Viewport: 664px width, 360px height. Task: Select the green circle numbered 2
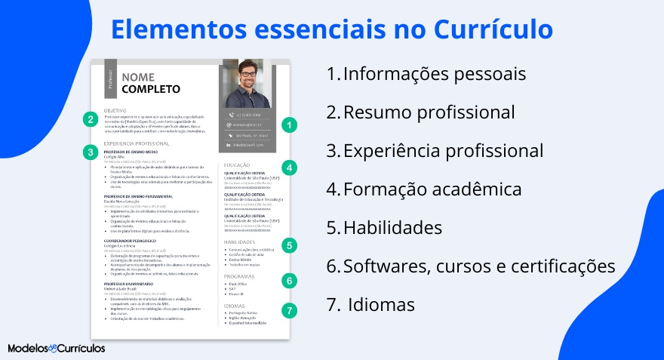tap(90, 118)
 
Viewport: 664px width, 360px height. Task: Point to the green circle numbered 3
tap(90, 152)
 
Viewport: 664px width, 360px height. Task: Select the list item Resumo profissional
tap(428, 112)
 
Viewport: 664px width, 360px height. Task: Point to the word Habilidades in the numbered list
tap(392, 227)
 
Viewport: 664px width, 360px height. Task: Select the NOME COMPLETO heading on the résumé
tap(151, 83)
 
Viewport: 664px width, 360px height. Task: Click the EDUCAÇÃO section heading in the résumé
tap(238, 165)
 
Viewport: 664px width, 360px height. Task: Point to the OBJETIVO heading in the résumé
tap(115, 110)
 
